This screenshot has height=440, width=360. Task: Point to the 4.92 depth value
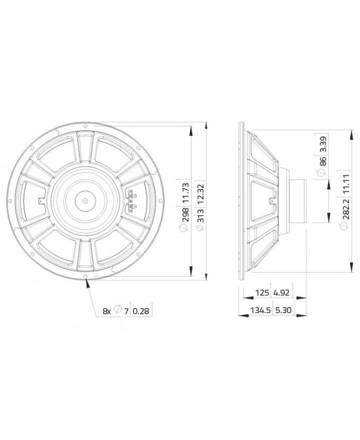pos(281,293)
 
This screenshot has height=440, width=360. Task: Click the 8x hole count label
pos(107,311)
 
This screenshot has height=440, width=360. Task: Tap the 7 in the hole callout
pos(126,311)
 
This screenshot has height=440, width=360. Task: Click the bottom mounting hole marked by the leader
pos(86,278)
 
